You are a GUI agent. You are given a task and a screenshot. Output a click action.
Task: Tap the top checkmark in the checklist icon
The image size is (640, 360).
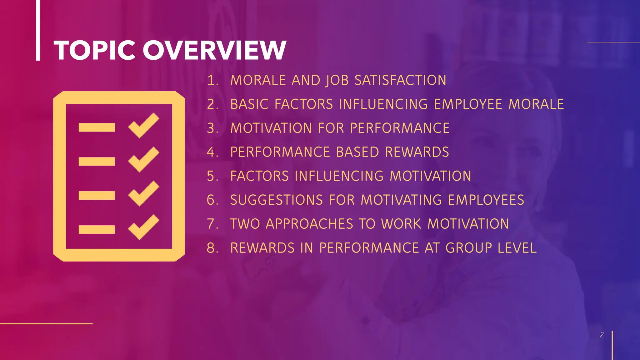[143, 125]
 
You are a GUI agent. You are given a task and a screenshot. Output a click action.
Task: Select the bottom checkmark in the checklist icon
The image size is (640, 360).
[143, 227]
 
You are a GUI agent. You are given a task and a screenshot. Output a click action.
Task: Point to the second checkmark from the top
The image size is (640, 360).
[143, 159]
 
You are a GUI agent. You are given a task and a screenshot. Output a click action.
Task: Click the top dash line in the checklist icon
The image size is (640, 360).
[97, 127]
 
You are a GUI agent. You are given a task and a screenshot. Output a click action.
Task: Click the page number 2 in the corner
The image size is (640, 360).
[602, 335]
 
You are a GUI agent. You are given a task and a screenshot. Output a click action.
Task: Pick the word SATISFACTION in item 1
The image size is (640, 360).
[400, 80]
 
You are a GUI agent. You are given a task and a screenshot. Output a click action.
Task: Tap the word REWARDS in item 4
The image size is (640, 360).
[417, 152]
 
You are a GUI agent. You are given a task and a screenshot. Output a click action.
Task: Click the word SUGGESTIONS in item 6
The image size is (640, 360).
[277, 200]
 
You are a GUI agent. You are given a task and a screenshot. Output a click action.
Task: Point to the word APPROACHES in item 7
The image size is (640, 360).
[309, 224]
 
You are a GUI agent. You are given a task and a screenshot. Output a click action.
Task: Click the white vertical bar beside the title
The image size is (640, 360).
[38, 30]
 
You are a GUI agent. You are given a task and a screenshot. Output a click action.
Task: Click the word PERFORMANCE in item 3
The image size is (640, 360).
[400, 128]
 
